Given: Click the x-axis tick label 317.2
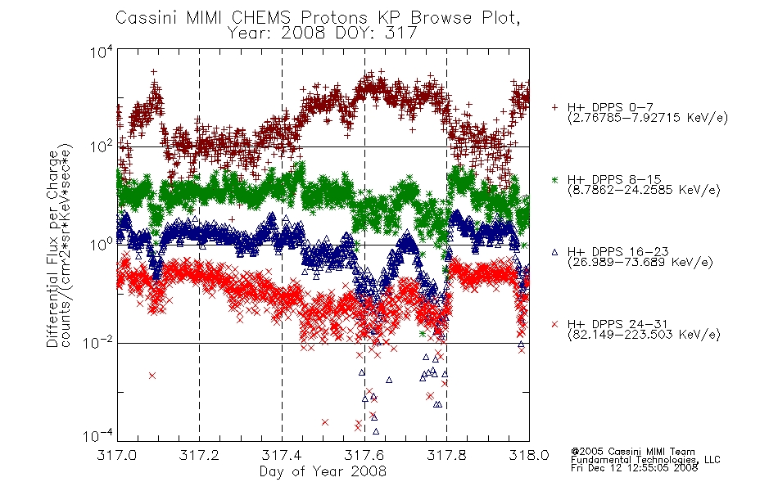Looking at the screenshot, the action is coord(199,455).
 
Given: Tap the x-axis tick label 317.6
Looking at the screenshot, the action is coord(364,455).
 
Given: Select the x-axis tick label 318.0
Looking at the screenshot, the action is coord(529,455).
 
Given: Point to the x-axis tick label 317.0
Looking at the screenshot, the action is coord(116,455).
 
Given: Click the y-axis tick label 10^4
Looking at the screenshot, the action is coord(102,52).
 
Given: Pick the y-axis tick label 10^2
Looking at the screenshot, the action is coord(102,146).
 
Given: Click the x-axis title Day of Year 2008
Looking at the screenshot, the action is coord(323,471).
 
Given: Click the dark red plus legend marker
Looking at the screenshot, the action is coord(555,107).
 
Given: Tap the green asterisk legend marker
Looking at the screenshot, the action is coord(555,179).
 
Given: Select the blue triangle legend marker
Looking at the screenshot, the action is coord(555,252).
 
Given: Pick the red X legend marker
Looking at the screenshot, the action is coord(555,324).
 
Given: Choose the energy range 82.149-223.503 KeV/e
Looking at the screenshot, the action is coord(644,335).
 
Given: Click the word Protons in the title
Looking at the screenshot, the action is coord(333,18).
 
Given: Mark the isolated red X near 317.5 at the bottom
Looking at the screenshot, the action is coord(325,422).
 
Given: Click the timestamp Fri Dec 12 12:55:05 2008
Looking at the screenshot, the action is coord(634,468).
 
